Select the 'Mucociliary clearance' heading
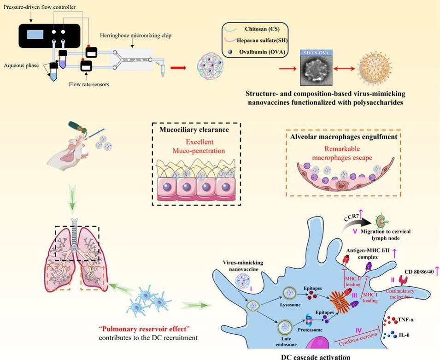[x=196, y=130]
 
